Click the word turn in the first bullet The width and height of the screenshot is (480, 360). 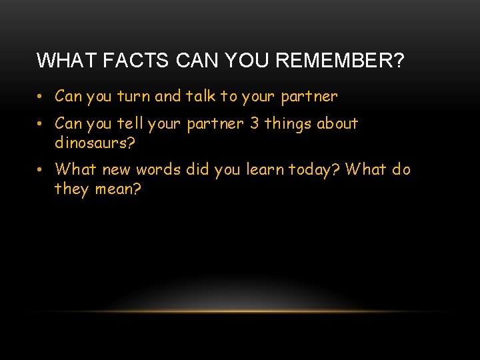tap(133, 97)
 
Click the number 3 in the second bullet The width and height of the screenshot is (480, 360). tap(254, 124)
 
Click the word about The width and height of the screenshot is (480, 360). tap(337, 124)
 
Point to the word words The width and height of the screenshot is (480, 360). tap(159, 170)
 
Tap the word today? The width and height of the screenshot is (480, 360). tap(315, 170)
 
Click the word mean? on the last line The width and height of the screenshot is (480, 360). tap(117, 189)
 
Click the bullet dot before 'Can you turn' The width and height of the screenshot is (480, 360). tap(41, 97)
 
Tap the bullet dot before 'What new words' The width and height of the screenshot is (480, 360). tap(41, 171)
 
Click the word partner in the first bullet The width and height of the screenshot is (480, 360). tap(309, 97)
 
